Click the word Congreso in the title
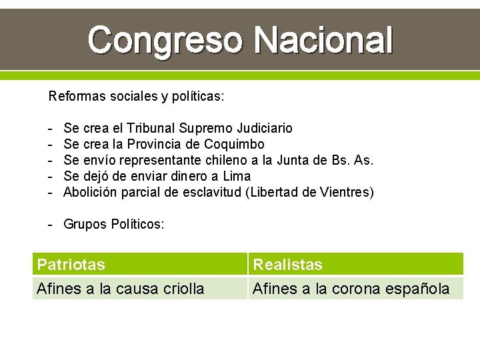click(x=167, y=40)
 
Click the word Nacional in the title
click(x=324, y=40)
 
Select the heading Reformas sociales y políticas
click(x=136, y=96)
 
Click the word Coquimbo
click(x=234, y=144)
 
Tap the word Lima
click(x=237, y=176)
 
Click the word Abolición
click(x=90, y=193)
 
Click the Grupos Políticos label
click(x=113, y=225)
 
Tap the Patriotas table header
click(x=71, y=265)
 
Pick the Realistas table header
click(x=287, y=265)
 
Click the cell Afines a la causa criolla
click(x=121, y=289)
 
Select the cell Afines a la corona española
click(x=351, y=289)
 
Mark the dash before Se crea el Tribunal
click(x=51, y=128)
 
